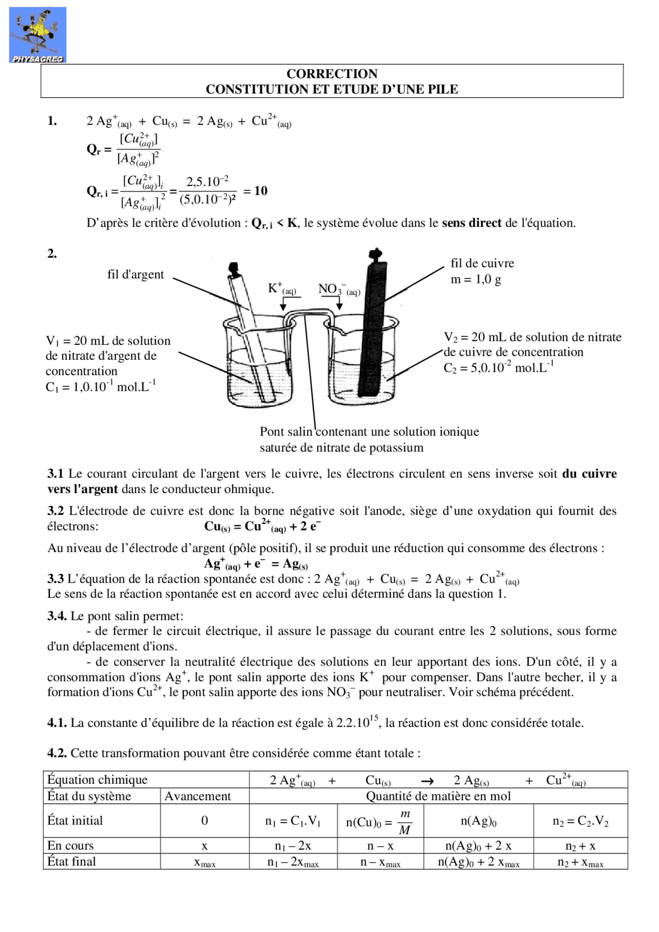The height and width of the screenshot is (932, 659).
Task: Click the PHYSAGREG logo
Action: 38,35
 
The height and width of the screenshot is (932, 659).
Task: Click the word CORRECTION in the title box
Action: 332,74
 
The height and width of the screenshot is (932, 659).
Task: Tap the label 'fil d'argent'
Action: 135,274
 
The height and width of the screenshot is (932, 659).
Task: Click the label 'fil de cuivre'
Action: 482,263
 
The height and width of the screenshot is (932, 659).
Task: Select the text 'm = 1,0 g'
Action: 476,279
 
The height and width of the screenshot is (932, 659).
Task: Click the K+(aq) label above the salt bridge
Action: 282,289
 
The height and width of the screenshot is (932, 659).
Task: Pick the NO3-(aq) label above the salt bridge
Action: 339,289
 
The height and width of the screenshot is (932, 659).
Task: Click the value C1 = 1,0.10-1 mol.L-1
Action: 100,386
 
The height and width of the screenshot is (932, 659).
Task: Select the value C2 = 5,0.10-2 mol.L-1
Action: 498,368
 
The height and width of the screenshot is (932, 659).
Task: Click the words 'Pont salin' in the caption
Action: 286,432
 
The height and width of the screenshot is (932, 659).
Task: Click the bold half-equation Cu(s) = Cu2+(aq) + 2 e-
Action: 262,526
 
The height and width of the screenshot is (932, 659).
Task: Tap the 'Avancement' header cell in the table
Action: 198,796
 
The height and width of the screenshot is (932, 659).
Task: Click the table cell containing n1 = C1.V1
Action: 293,821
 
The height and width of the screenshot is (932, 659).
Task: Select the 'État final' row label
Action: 72,861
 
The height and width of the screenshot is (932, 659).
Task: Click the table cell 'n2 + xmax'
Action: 580,862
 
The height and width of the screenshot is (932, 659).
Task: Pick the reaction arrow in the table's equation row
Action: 427,781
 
